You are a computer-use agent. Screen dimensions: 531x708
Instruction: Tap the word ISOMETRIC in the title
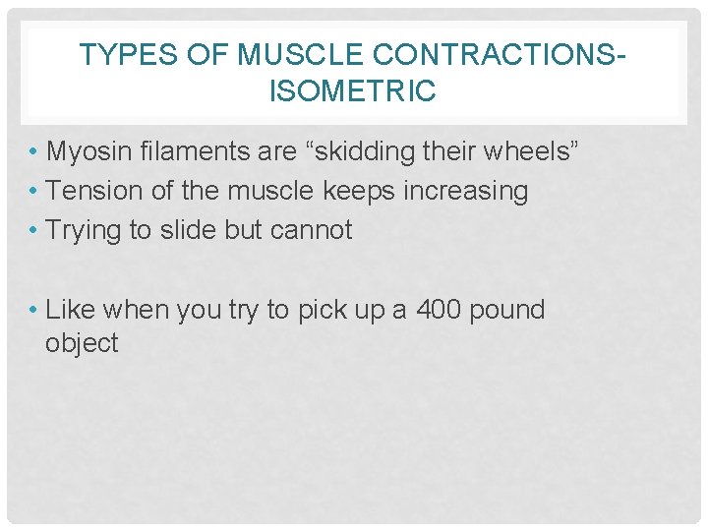353,92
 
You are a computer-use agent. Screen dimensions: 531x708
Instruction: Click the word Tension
94,191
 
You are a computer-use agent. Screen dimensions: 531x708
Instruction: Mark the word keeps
355,191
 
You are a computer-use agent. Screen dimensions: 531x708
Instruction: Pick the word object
82,344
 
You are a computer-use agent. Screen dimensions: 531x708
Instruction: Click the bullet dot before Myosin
33,153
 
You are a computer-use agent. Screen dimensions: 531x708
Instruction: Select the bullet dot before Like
33,311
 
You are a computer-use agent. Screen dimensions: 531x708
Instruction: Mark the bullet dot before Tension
33,192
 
